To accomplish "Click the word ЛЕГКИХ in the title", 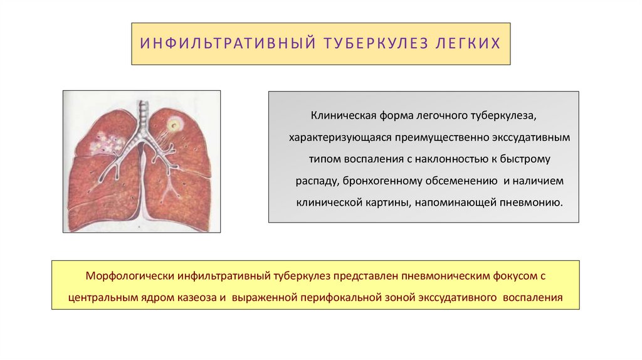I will [468, 44].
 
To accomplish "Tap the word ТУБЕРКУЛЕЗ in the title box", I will [367, 44].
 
